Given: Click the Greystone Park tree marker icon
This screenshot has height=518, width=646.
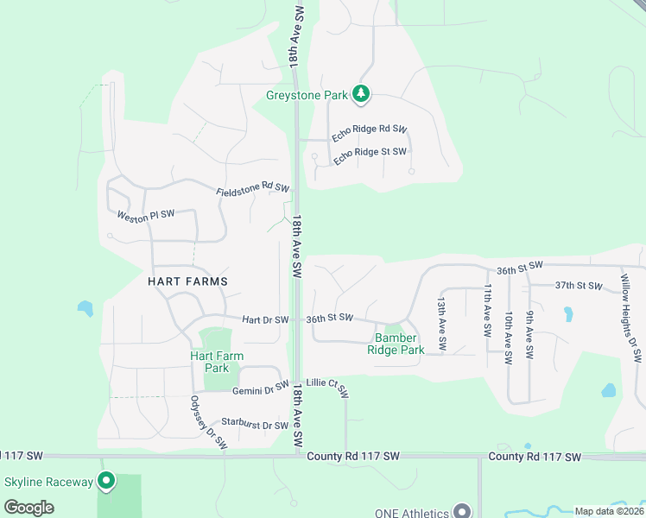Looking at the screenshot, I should tap(362, 93).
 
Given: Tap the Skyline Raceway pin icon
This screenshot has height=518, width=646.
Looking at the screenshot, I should tap(106, 480).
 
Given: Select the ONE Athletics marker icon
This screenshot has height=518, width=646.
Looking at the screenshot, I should tap(462, 512).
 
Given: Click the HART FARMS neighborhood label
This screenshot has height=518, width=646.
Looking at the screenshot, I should tap(187, 281).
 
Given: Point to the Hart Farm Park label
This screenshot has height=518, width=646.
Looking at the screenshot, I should tap(217, 362).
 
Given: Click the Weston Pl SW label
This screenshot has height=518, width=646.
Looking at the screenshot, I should tap(146, 214).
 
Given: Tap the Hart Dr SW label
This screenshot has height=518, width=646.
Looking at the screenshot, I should tap(265, 319).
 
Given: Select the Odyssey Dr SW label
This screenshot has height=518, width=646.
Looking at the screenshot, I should tap(208, 423).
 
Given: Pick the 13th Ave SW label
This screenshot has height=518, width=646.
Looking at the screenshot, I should tap(441, 324).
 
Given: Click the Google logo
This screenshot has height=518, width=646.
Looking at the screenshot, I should tap(28, 508).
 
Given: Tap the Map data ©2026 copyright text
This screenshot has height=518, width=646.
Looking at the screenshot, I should tap(609, 511).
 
